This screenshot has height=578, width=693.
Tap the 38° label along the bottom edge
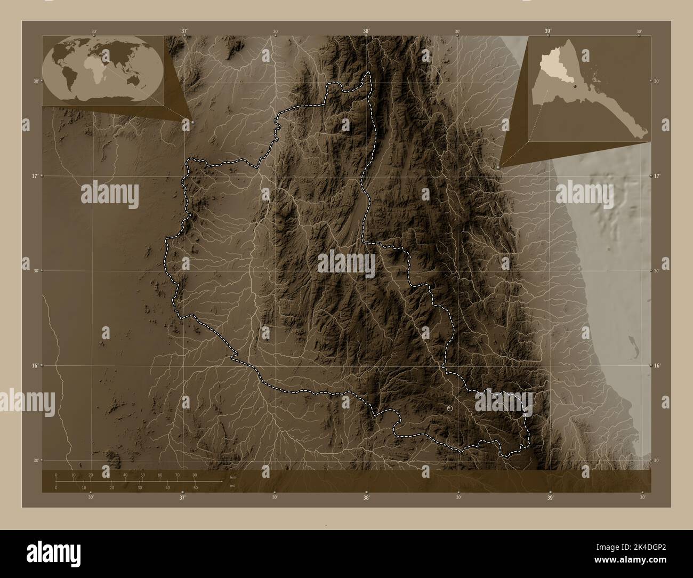point(366,498)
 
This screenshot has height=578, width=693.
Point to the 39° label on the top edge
point(548,31)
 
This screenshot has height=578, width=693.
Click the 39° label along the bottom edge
point(550,498)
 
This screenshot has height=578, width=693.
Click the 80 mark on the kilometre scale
point(194,475)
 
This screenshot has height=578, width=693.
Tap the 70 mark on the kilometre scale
point(177,475)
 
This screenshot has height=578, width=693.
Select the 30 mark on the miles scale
point(140,488)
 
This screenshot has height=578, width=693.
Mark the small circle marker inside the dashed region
point(450,408)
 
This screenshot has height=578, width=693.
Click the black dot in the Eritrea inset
point(576,85)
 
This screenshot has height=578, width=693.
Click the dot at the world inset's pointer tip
point(192,122)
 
